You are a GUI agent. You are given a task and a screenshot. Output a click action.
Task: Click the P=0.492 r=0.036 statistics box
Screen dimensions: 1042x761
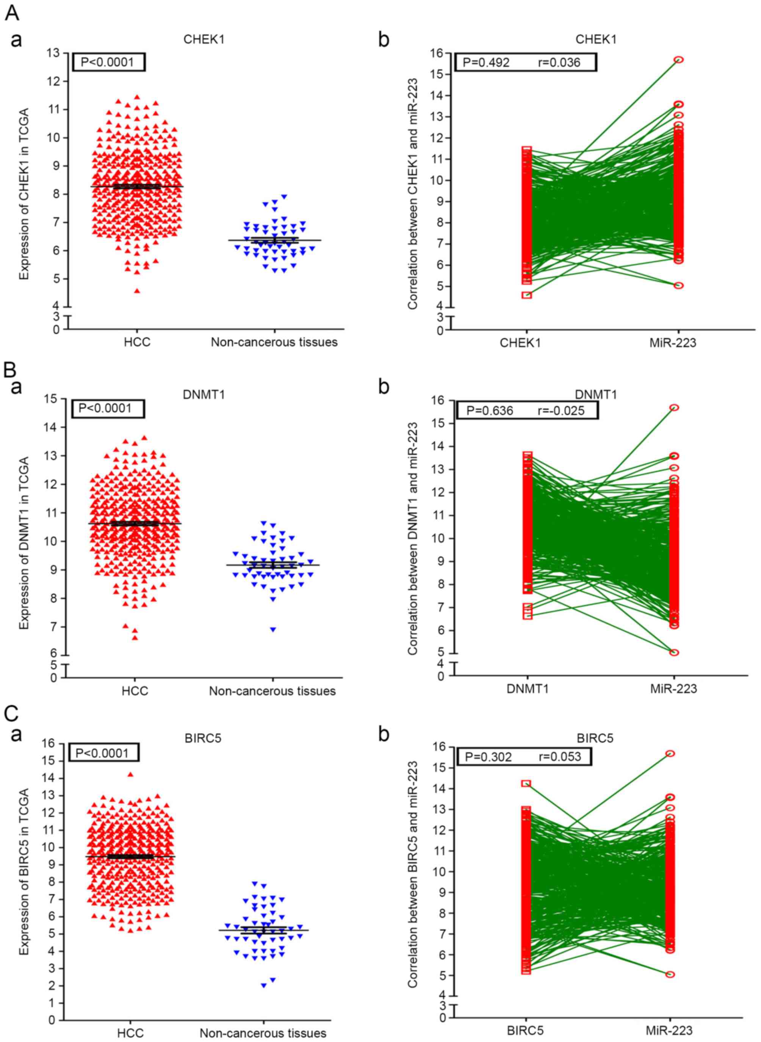[526, 62]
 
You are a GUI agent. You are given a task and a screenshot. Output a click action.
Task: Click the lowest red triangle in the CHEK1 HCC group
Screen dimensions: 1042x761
[137, 291]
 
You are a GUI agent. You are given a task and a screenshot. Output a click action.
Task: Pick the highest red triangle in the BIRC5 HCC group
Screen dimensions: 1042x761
[130, 775]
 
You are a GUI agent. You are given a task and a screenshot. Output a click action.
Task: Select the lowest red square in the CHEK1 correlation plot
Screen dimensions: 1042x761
[527, 295]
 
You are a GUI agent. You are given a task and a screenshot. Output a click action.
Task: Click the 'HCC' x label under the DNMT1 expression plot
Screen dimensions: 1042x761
[136, 691]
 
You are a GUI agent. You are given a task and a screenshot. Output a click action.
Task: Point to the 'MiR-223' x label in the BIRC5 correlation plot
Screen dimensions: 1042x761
[669, 1030]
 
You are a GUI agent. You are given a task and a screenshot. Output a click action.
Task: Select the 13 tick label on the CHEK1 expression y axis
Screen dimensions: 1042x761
[53, 53]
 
